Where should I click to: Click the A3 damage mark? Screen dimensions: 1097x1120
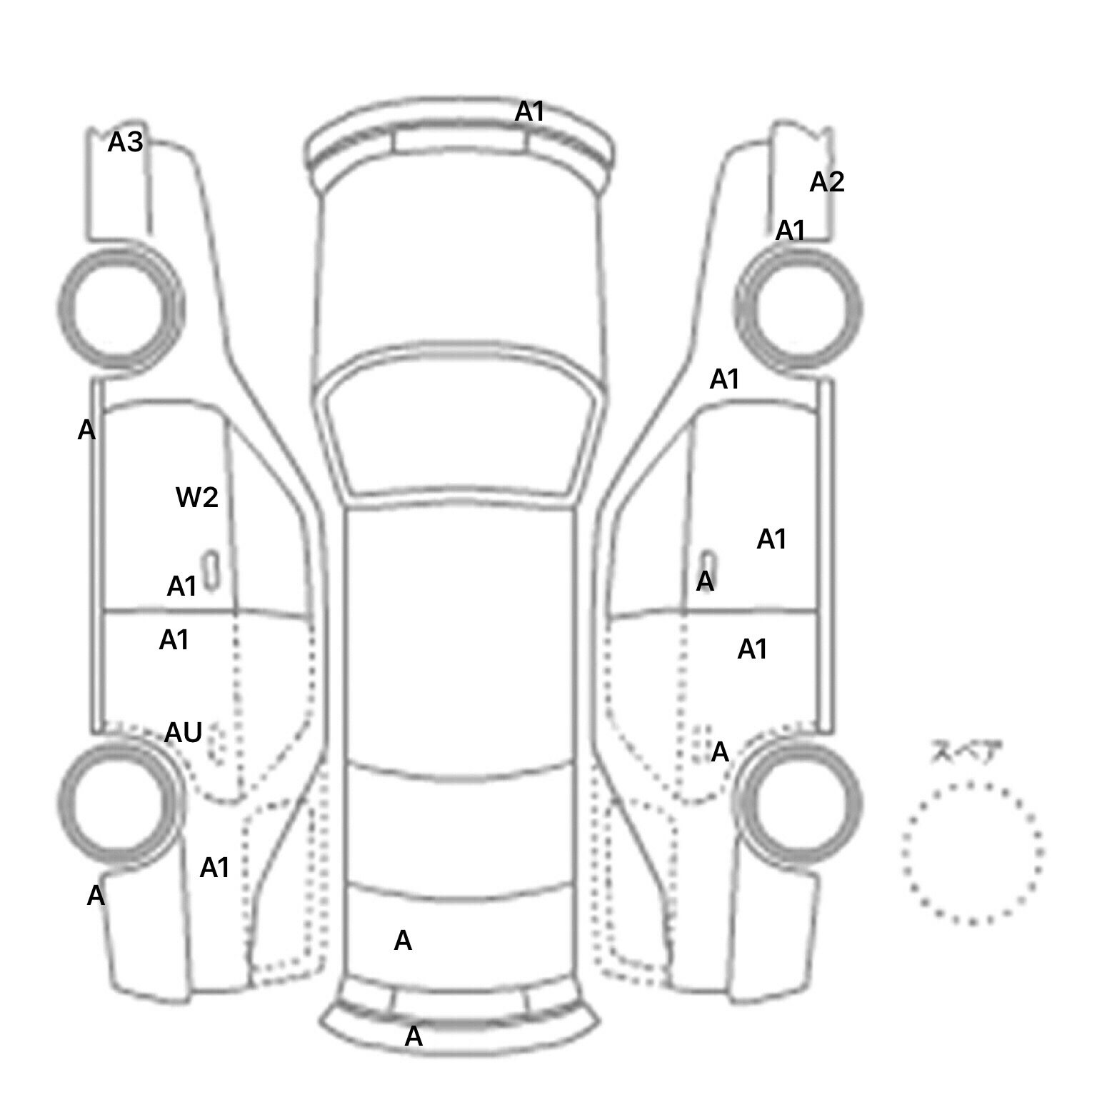click(126, 143)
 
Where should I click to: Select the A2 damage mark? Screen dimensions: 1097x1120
click(827, 183)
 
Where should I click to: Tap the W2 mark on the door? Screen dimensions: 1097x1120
click(197, 497)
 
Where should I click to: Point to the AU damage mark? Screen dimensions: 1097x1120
click(184, 732)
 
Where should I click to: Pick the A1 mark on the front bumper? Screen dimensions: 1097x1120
click(530, 111)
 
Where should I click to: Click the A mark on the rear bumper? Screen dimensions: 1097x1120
click(414, 1036)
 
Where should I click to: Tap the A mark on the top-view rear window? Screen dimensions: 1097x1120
click(403, 941)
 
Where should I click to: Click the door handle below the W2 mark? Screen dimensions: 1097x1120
click(211, 570)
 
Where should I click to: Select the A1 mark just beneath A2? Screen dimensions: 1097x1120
click(791, 231)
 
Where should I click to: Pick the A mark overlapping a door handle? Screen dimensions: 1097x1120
click(705, 581)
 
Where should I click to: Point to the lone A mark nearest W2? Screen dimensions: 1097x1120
click(86, 430)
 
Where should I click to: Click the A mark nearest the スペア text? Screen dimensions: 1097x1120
click(720, 752)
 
